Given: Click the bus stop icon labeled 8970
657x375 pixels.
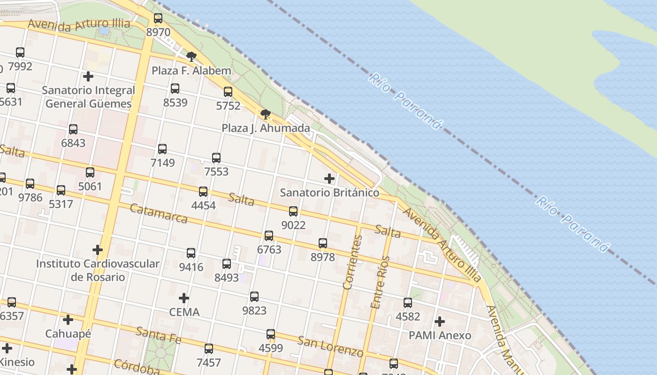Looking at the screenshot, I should tap(158, 18).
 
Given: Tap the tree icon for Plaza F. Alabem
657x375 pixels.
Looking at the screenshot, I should tap(191, 57).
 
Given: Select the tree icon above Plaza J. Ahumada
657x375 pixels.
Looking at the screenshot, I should tap(265, 114).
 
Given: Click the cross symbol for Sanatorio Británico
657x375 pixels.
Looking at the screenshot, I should tap(329, 179).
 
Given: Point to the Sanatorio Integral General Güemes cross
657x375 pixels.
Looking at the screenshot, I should tap(88, 76).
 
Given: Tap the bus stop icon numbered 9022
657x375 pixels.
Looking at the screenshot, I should tap(293, 211).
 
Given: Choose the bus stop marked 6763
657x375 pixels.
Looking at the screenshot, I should tap(269, 236).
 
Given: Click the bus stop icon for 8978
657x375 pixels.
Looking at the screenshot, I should tap(323, 243).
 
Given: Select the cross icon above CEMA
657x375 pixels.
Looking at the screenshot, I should tap(184, 298).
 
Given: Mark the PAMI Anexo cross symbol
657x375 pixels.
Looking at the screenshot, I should tap(440, 322).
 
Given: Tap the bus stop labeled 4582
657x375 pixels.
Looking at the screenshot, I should tap(408, 303).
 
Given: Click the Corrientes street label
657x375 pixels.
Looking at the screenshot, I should tap(353, 262).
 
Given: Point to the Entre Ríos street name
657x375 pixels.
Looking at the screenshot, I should tap(380, 282).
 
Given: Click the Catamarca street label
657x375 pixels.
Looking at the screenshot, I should tap(158, 213).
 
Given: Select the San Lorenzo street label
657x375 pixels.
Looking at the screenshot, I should tap(330, 346).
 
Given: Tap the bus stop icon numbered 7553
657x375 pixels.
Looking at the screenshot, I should tap(216, 158).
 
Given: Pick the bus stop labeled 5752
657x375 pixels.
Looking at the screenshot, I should tap(228, 92).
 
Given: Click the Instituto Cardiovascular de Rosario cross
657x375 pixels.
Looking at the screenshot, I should tap(98, 250).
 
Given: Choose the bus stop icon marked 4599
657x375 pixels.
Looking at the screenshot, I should tap(271, 334).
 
